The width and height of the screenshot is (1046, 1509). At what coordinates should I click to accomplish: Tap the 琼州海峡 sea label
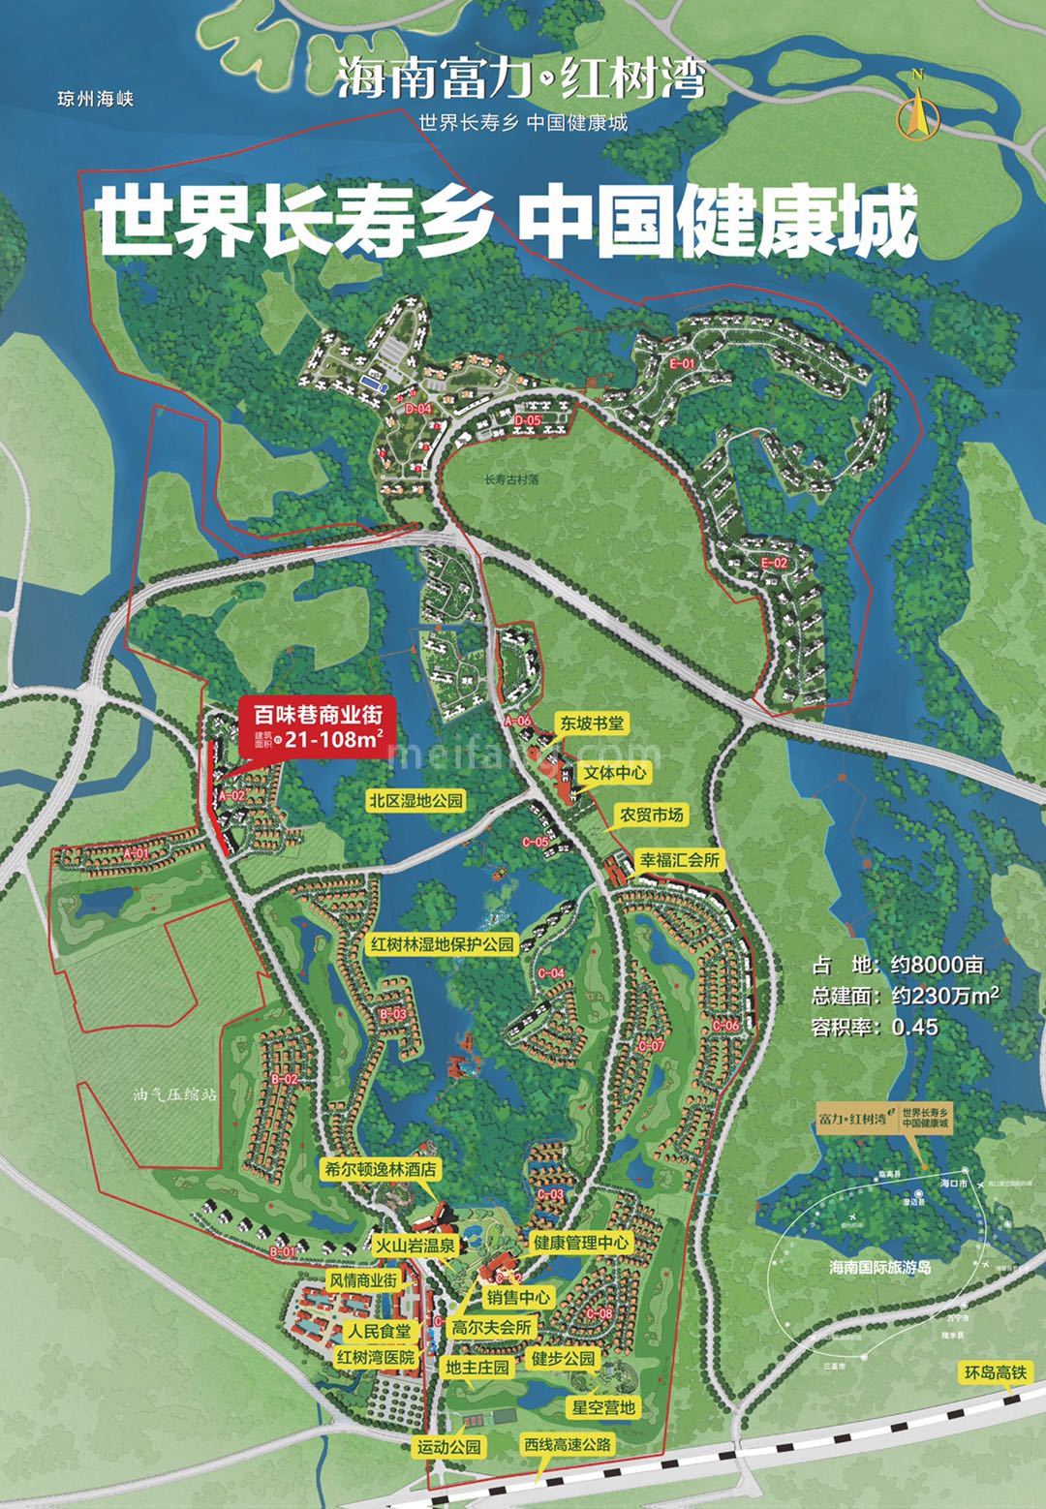tap(94, 99)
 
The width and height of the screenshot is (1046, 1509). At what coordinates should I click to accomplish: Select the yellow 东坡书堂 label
tap(591, 723)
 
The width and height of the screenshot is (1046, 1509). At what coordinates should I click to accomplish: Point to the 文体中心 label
tap(613, 772)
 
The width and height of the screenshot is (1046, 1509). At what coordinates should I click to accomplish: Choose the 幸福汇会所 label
tap(680, 860)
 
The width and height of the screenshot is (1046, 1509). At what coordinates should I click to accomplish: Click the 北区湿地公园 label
tap(416, 801)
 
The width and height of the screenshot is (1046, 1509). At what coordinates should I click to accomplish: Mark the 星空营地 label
tap(601, 1405)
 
